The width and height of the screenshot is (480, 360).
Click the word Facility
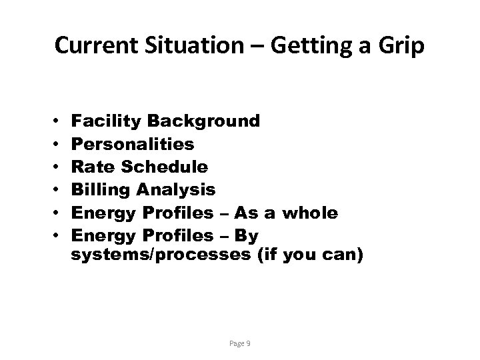coord(107,121)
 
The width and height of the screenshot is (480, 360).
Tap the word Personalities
coord(133,143)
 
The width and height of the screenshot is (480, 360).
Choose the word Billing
coord(101,190)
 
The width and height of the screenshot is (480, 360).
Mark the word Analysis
coord(176,190)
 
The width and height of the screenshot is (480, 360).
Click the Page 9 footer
coord(240,343)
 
